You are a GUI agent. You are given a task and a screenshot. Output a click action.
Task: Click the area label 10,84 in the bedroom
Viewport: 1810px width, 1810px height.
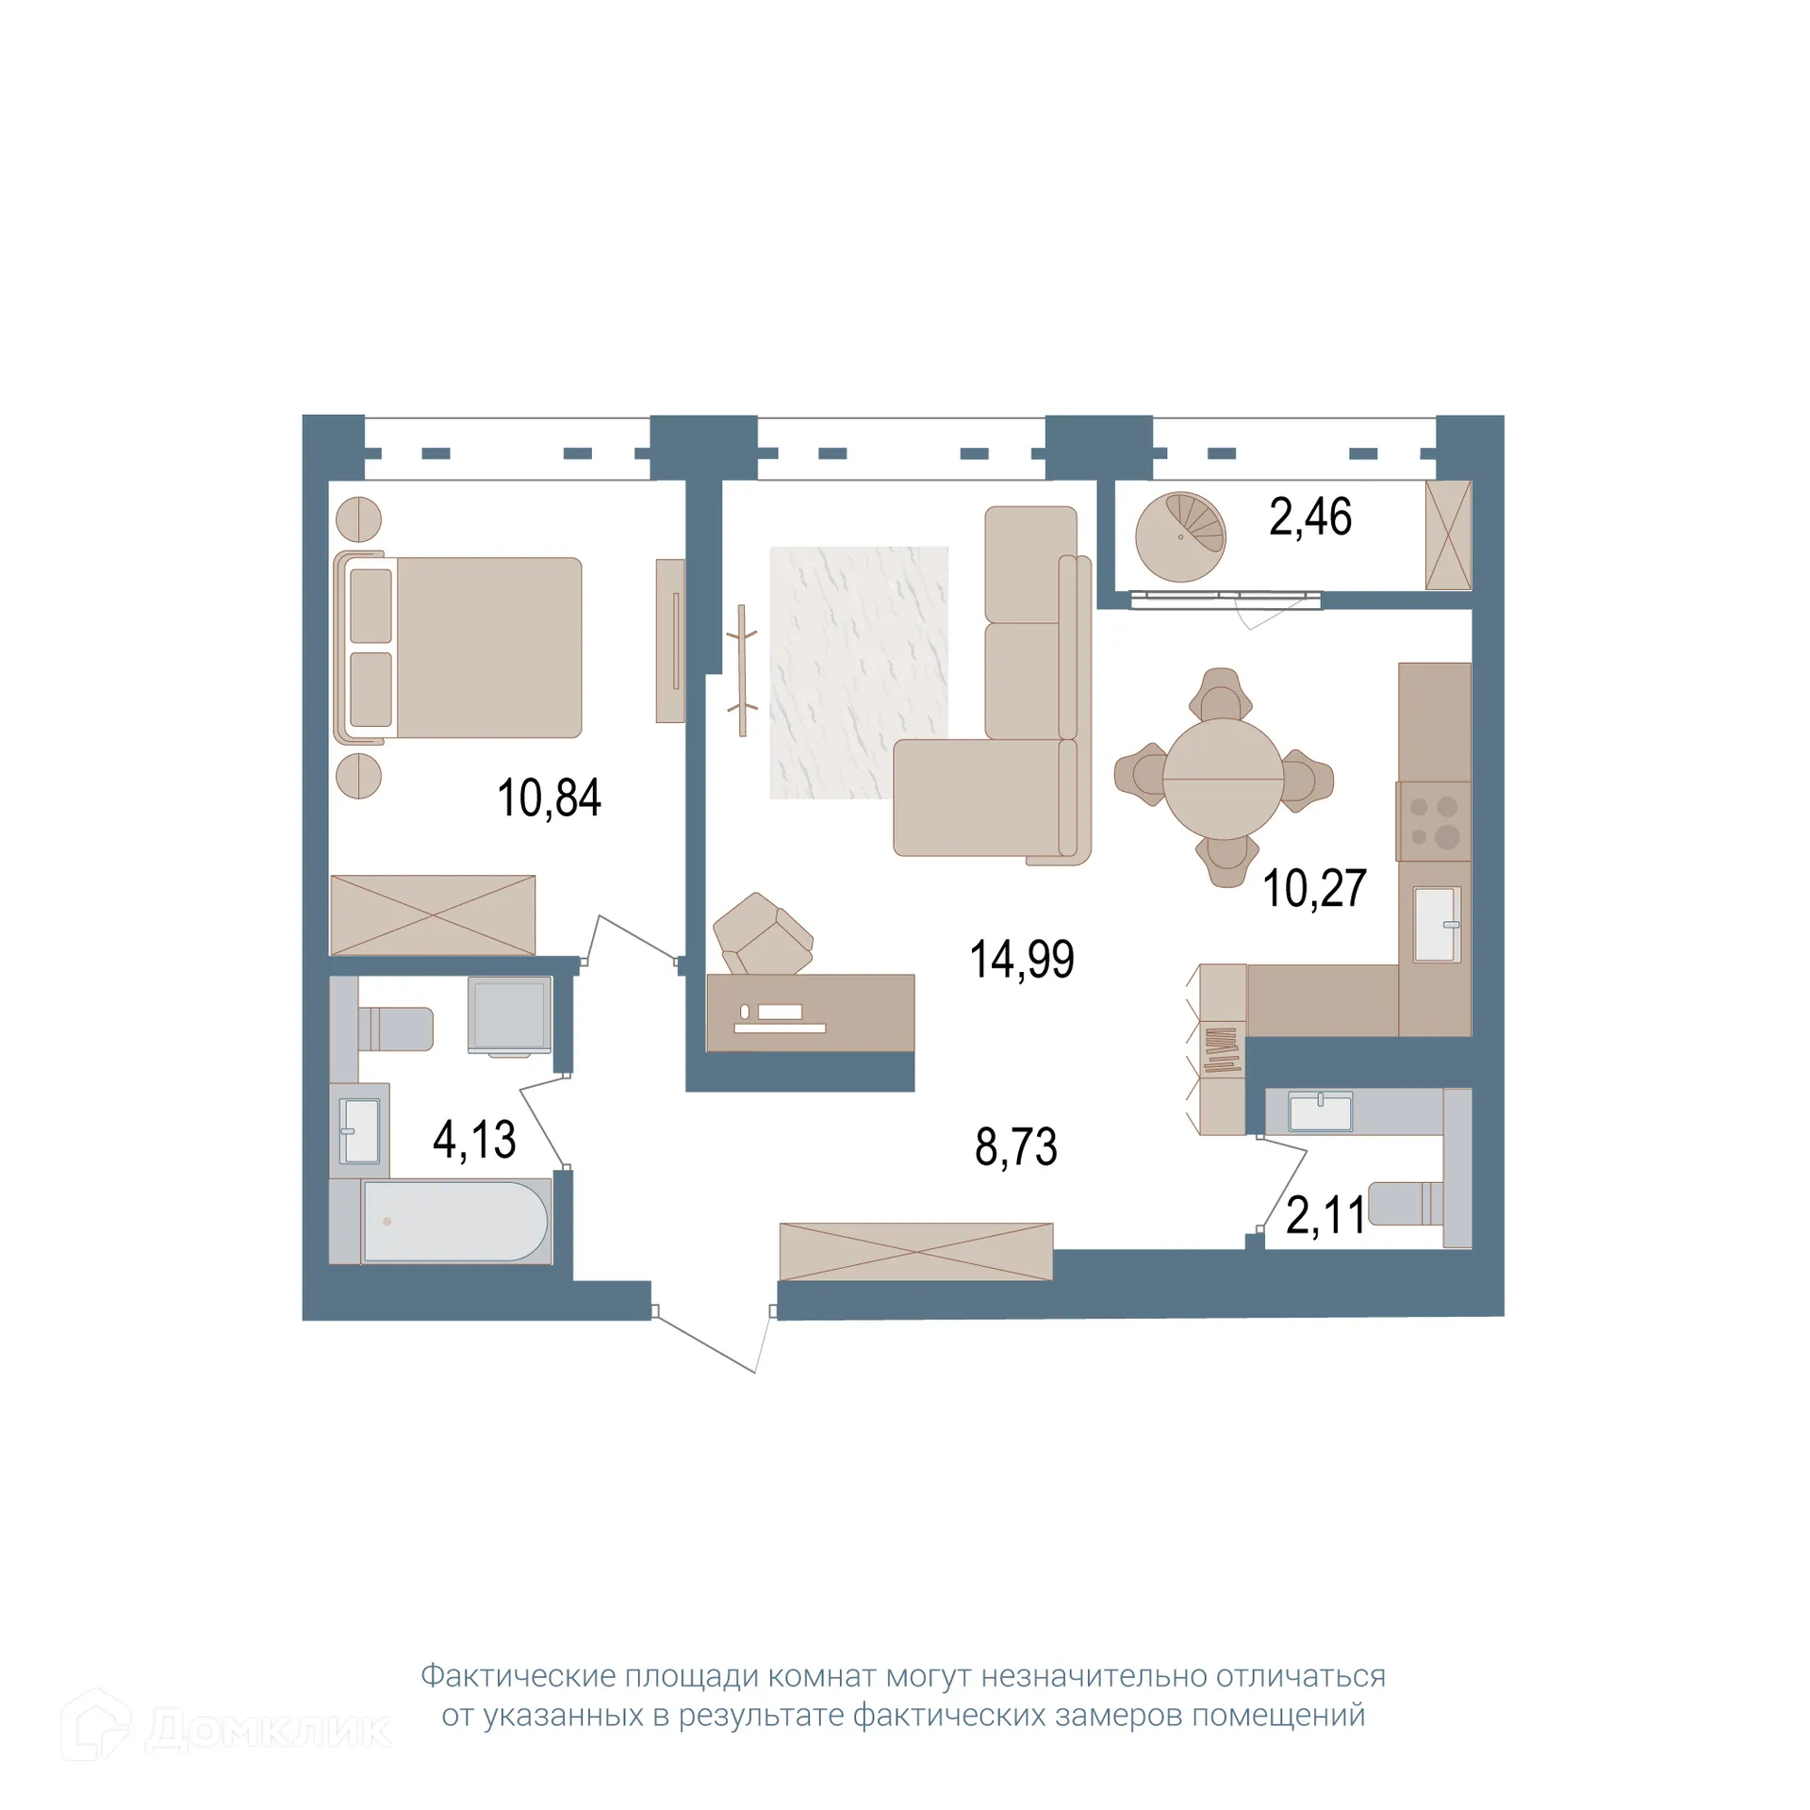(x=549, y=798)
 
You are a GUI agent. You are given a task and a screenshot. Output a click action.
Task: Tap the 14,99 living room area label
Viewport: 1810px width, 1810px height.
(x=1022, y=960)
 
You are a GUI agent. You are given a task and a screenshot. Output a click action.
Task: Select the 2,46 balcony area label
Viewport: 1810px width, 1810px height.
(x=1310, y=518)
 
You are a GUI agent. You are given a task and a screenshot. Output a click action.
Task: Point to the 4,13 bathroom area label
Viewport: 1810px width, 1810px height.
(x=474, y=1140)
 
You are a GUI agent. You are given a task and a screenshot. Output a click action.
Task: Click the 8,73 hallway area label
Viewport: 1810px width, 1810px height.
(x=1016, y=1147)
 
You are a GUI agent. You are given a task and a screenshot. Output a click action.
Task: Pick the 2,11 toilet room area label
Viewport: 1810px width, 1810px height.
(x=1325, y=1215)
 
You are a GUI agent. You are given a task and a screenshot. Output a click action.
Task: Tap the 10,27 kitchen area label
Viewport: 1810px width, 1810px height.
(x=1314, y=888)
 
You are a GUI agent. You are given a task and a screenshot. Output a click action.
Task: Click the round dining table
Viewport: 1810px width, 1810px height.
(x=1223, y=779)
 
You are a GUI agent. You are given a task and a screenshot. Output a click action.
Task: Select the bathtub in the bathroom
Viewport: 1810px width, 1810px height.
(x=454, y=1222)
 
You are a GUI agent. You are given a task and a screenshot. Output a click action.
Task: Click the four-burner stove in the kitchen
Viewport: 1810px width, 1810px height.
(x=1434, y=821)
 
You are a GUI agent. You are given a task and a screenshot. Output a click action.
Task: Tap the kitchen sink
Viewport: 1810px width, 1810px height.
(x=1436, y=924)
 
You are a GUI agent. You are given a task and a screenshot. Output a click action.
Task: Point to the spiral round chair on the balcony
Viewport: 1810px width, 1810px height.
(x=1180, y=537)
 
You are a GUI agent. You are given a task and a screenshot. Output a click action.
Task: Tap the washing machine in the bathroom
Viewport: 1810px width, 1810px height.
(x=509, y=1015)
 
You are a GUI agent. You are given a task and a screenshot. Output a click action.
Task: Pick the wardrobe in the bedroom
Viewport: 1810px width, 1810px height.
(x=433, y=914)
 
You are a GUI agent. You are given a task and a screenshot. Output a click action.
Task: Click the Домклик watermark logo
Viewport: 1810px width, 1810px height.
(x=226, y=1729)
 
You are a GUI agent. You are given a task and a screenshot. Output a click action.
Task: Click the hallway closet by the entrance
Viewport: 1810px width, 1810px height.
(x=915, y=1251)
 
